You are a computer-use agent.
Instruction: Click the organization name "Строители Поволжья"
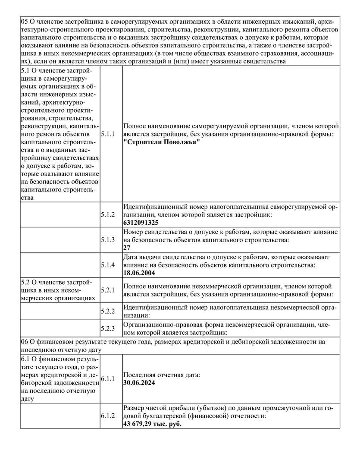(162, 143)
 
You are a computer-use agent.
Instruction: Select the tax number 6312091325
(141, 223)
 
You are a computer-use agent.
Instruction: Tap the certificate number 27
(127, 248)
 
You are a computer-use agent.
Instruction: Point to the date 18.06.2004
(139, 273)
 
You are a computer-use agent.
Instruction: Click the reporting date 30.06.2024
(139, 383)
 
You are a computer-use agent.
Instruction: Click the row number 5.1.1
(108, 135)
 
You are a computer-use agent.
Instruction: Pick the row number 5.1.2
(108, 214)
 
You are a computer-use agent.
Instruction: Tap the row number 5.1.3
(108, 239)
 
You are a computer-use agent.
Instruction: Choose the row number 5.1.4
(108, 264)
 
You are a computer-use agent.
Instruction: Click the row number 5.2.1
(108, 290)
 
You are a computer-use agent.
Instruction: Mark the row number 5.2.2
(108, 311)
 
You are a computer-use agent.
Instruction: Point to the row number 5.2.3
(108, 328)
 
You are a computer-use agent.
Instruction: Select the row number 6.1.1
(108, 379)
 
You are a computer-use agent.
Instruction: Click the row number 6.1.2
(108, 416)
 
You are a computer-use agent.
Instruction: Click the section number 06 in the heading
(25, 342)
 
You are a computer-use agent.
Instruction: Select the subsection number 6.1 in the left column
(26, 359)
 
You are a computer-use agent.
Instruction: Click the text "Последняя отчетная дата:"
(162, 375)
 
